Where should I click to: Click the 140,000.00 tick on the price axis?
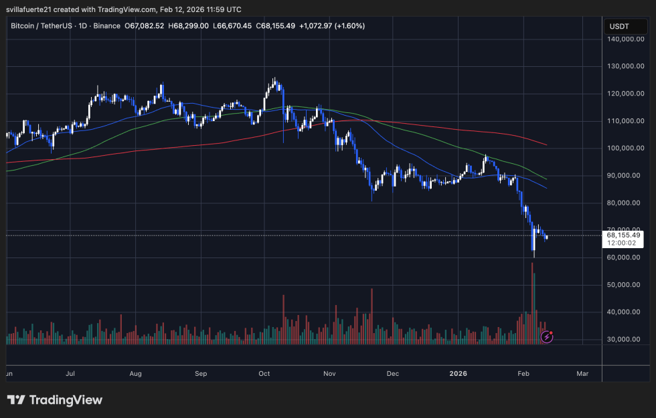coord(626,39)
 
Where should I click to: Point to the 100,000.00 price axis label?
coord(626,148)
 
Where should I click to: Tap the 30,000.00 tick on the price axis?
coord(626,340)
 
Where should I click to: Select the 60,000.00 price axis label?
coord(626,257)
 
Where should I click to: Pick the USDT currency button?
coord(619,26)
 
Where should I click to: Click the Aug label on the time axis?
coord(136,374)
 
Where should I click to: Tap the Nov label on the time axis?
coord(329,374)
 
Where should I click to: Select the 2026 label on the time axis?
coord(458,374)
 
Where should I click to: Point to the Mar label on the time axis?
coord(582,374)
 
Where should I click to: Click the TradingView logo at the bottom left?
coord(55,400)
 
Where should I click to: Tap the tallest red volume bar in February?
coord(533,301)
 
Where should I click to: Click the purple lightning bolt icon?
coord(546,337)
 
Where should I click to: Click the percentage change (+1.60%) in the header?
coord(349,25)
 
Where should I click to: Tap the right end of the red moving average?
coord(547,144)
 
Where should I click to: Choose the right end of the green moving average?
coord(546,179)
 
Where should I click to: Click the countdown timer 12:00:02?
coord(621,244)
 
